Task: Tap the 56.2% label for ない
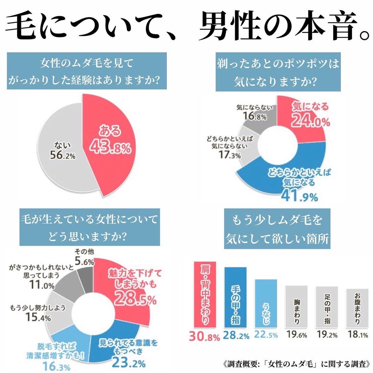point(63,155)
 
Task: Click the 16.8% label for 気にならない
point(255,117)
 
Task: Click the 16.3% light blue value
point(56,367)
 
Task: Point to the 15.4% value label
point(38,317)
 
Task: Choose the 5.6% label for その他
point(84,261)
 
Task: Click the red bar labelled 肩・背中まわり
point(205,295)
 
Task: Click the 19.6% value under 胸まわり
point(297,335)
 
